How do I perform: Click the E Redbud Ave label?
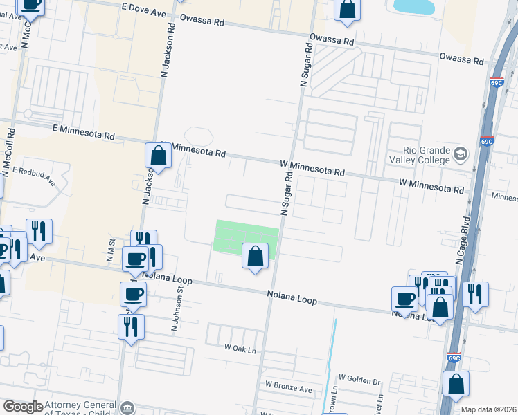[34, 176]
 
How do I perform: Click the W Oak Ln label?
[240, 350]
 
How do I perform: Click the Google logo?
[23, 407]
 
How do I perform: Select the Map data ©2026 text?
[489, 409]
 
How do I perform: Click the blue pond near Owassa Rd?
[414, 7]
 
